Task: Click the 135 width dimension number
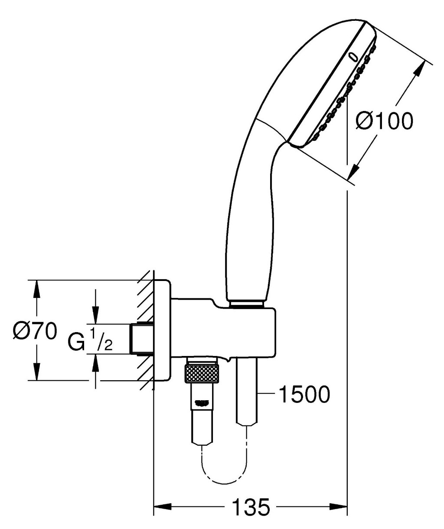tap(251, 507)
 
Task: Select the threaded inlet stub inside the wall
tap(142, 339)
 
